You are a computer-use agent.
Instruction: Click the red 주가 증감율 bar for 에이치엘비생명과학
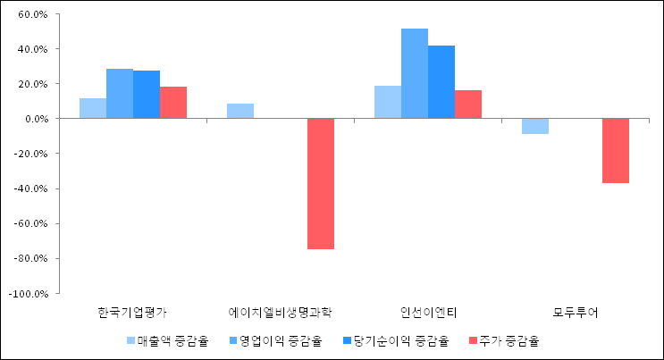[321, 183]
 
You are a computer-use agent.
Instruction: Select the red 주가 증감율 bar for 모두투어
[616, 150]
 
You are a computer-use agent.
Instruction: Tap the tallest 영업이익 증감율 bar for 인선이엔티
[415, 73]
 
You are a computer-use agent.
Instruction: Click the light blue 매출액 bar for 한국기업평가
[93, 108]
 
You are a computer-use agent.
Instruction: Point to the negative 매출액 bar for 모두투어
[535, 126]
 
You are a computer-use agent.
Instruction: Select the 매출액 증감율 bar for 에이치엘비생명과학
[240, 111]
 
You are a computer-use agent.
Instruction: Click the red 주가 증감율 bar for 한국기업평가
[173, 103]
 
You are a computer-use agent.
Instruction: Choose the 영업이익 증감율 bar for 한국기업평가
[120, 94]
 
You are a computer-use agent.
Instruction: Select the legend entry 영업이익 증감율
[280, 340]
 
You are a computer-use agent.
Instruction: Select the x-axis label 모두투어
[576, 313]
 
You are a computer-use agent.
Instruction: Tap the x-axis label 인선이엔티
[428, 313]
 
